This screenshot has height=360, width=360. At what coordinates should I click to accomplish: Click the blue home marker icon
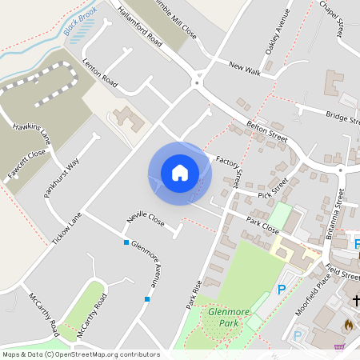coord(180,172)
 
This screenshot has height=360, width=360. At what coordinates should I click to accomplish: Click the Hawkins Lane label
coord(33,138)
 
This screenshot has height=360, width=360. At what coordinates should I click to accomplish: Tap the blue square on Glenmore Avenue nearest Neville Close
coord(126,242)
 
